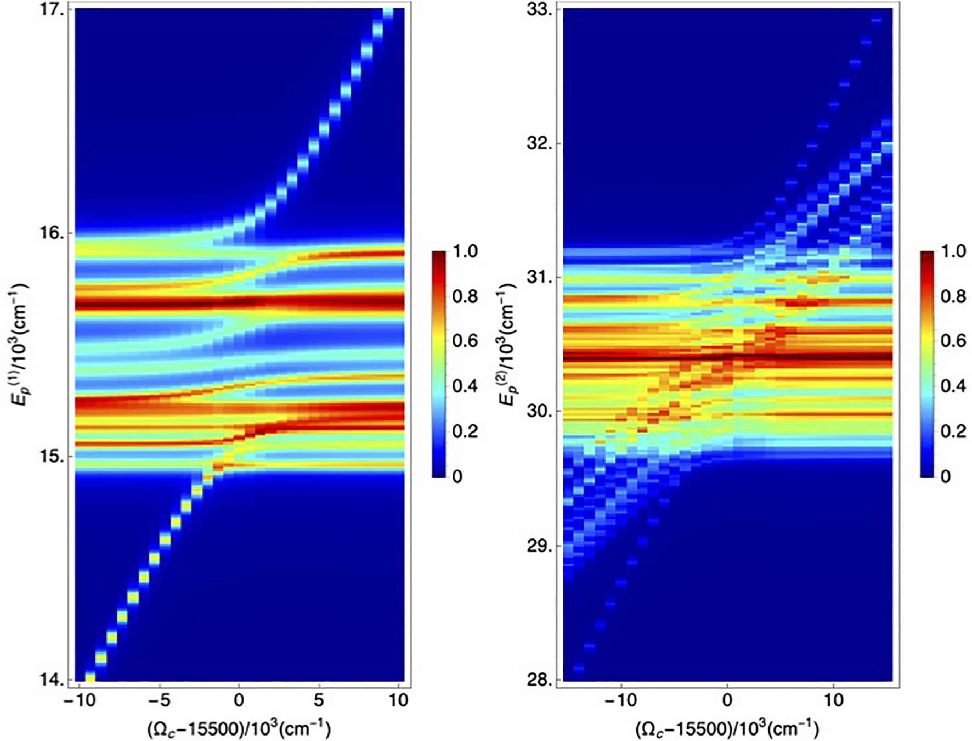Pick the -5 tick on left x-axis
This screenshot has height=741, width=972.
coord(159,700)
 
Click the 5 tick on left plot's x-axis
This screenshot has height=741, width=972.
coord(319,700)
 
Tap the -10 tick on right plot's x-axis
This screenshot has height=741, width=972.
coord(621,700)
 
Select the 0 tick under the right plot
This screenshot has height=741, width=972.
coord(727,700)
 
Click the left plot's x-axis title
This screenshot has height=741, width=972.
coord(239,728)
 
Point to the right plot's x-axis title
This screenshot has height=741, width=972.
coord(727,728)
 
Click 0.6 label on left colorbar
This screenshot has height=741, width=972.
coord(465,341)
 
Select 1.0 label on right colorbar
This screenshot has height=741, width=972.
coord(953,251)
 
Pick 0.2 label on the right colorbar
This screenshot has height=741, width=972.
coord(953,431)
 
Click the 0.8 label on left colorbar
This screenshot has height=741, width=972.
coord(465,296)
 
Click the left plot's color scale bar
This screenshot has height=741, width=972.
coord(439,363)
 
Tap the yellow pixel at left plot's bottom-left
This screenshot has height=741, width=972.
coord(91,678)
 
